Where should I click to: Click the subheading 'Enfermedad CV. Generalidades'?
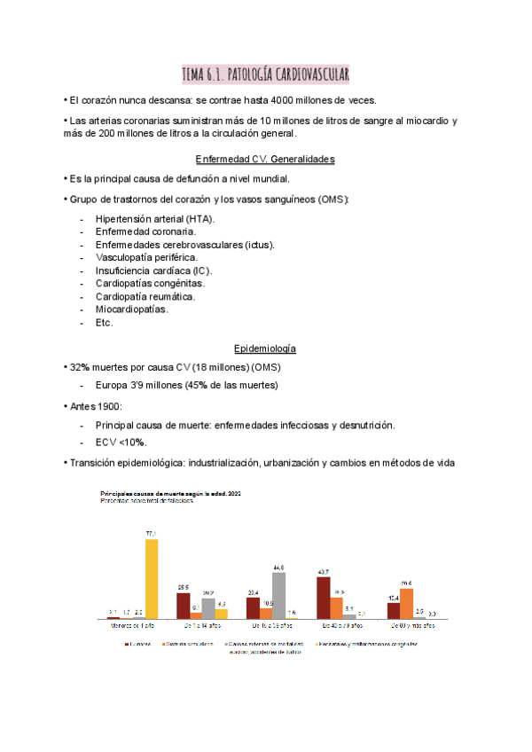pyautogui.click(x=265, y=160)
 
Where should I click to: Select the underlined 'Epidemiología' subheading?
pyautogui.click(x=265, y=349)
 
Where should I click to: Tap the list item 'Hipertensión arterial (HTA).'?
pyautogui.click(x=154, y=218)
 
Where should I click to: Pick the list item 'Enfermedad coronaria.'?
pyautogui.click(x=145, y=231)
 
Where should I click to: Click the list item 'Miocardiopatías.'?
pyautogui.click(x=131, y=309)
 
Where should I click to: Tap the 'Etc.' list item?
pyautogui.click(x=104, y=323)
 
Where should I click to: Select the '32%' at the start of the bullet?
pyautogui.click(x=81, y=366)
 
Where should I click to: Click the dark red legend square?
pyautogui.click(x=128, y=644)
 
